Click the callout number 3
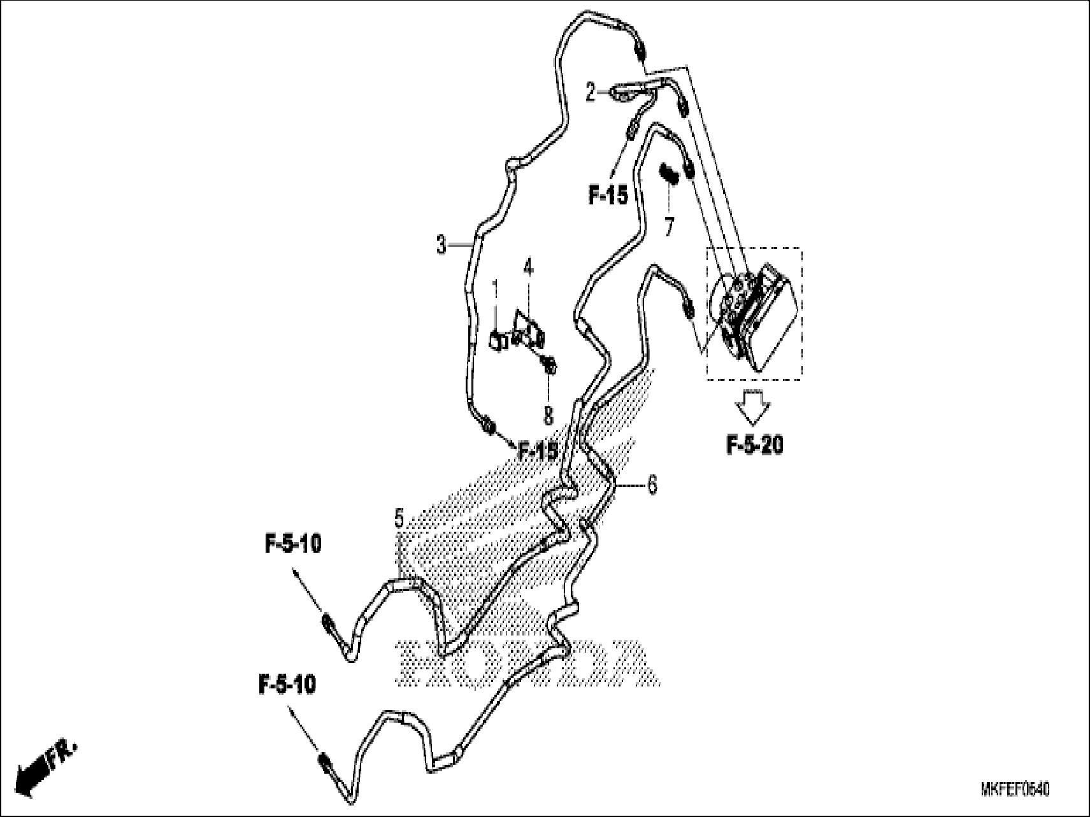[x=441, y=245]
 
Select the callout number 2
[x=591, y=94]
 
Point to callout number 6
[x=652, y=485]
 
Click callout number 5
[x=399, y=519]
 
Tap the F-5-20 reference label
[x=754, y=445]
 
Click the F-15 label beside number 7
[x=607, y=196]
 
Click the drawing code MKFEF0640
[x=1014, y=790]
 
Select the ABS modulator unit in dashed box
[x=755, y=315]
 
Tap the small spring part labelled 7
[x=668, y=173]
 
